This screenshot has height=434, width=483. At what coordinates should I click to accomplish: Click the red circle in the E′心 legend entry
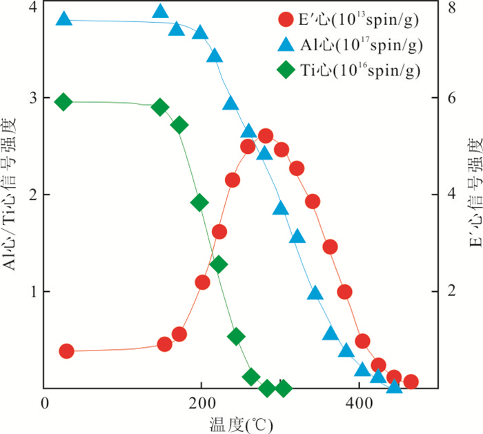(286, 19)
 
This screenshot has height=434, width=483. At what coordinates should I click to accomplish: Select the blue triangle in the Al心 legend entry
(286, 44)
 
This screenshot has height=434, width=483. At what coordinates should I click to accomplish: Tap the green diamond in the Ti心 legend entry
(286, 69)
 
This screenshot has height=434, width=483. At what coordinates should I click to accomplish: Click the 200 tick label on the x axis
(201, 404)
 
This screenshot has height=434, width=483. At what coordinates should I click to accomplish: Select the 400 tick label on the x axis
(358, 404)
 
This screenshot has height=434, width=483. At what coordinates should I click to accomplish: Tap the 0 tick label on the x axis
(45, 404)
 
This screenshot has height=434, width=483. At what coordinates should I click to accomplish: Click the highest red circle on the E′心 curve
(266, 136)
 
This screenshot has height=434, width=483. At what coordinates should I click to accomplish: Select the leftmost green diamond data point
(63, 102)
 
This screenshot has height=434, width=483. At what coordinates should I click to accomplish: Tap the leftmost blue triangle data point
(63, 19)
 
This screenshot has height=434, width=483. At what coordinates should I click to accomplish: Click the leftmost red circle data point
(66, 351)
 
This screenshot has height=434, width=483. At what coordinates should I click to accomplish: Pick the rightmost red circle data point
(411, 382)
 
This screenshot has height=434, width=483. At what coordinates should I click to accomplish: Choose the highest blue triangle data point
(160, 11)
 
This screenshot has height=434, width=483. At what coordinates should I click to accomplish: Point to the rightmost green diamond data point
(283, 388)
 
